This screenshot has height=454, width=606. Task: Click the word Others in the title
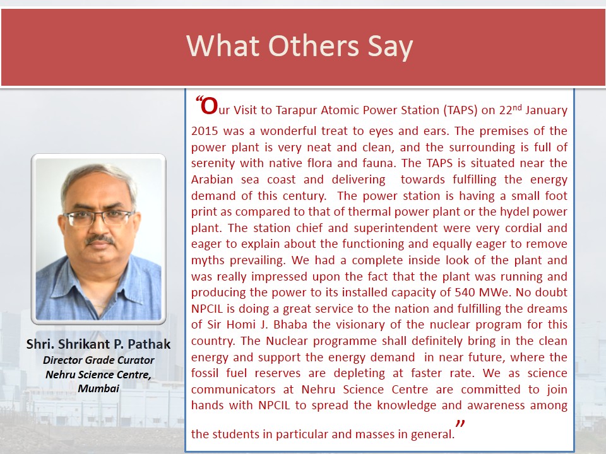[314, 45]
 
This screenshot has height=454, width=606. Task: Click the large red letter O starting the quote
[210, 106]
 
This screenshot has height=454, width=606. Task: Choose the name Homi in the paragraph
[241, 325]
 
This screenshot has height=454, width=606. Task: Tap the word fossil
[205, 373]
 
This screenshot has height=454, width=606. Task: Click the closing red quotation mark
[460, 424]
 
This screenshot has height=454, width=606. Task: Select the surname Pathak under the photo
[149, 344]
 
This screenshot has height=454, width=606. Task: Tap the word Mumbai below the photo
[98, 388]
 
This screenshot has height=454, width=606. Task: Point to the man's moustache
[100, 240]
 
